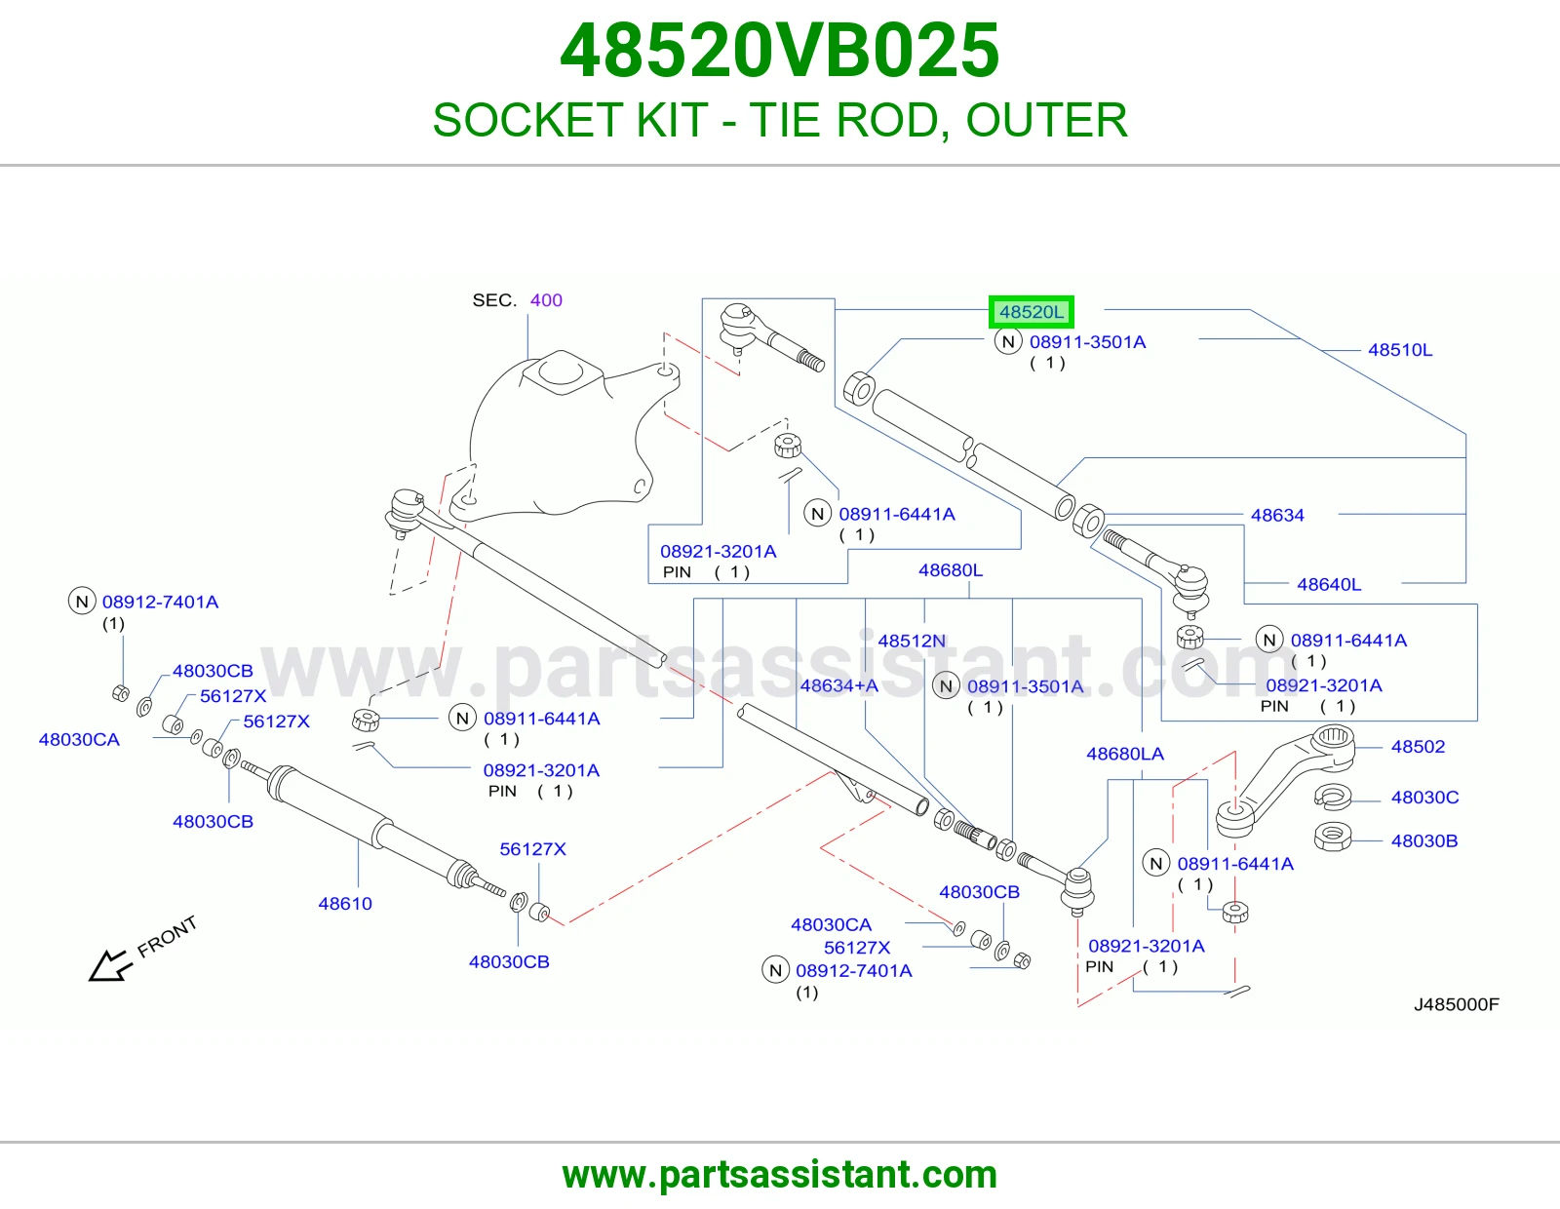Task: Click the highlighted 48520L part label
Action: click(1031, 312)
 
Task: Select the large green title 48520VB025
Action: click(780, 51)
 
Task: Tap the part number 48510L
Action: click(1400, 350)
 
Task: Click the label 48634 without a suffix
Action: click(1277, 515)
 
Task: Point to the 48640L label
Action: click(1329, 584)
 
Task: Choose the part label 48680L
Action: click(951, 570)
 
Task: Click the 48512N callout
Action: click(912, 641)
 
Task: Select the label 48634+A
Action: click(839, 685)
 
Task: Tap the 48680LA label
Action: click(1125, 754)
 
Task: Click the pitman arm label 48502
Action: click(1418, 747)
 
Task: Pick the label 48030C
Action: click(1425, 798)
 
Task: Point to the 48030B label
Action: click(1424, 840)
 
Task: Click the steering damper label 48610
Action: click(345, 903)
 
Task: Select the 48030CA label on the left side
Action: click(79, 739)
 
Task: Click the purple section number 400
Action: click(546, 300)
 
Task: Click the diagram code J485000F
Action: click(1457, 1004)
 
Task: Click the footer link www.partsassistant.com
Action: click(780, 1175)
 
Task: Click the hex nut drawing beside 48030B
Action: click(1333, 838)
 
